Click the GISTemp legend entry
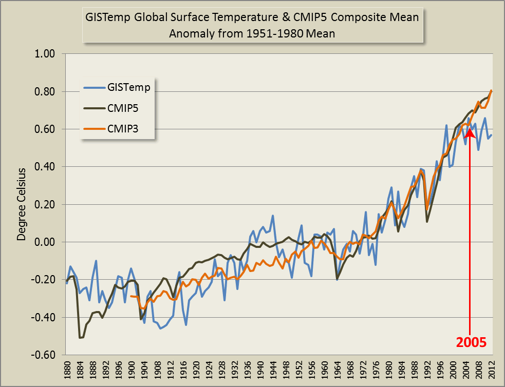click(129, 87)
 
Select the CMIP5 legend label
click(123, 109)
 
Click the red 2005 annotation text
click(471, 341)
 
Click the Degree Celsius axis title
click(22, 204)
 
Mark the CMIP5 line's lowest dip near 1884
click(80, 337)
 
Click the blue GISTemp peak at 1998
click(447, 125)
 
